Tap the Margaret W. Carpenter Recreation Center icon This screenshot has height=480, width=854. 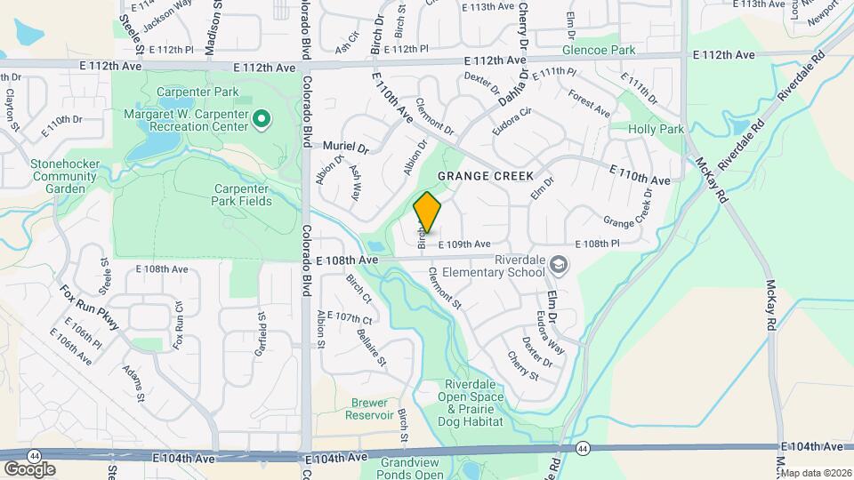pyautogui.click(x=262, y=117)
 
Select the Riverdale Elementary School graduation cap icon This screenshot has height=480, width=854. pyautogui.click(x=558, y=263)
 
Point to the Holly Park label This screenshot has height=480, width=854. pyautogui.click(x=656, y=129)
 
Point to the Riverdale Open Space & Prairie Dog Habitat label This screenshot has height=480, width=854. pyautogui.click(x=474, y=404)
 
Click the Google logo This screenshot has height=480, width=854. pyautogui.click(x=29, y=468)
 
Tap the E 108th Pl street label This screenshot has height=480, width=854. pyautogui.click(x=597, y=244)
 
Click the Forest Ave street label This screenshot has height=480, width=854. pyautogui.click(x=590, y=105)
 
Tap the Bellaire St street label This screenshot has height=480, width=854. pyautogui.click(x=372, y=347)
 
